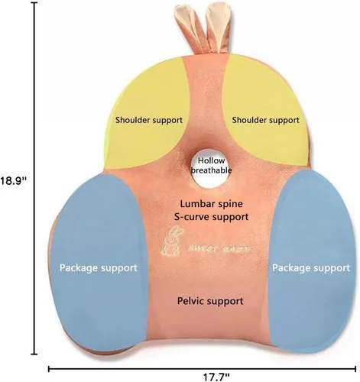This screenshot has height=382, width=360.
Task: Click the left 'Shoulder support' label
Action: [x=149, y=120]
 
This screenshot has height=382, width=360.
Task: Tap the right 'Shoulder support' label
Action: [x=265, y=120]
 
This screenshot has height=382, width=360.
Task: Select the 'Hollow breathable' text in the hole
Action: [x=212, y=165]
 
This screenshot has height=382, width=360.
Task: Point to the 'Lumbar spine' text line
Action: [x=212, y=204]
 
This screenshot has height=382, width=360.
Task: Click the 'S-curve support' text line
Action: [x=212, y=217]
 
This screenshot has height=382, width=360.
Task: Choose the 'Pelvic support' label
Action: [x=210, y=301]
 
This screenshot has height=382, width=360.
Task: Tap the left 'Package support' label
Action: [x=99, y=268]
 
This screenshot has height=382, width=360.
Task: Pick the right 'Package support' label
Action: [x=311, y=268]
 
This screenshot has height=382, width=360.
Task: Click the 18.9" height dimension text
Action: [x=13, y=181]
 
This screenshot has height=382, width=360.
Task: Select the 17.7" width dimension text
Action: [x=216, y=377]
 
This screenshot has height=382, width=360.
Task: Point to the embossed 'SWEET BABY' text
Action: [x=220, y=248]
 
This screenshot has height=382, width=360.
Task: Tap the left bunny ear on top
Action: [x=189, y=28]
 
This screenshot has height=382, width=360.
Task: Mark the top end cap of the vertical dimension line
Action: [x=34, y=2]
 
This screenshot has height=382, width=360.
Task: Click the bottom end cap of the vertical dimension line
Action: [x=34, y=354]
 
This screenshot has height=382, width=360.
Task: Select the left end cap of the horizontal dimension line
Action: [x=49, y=368]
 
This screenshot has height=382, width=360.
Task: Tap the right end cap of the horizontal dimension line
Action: [x=355, y=368]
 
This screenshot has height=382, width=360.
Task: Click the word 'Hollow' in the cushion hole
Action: [x=212, y=160]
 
